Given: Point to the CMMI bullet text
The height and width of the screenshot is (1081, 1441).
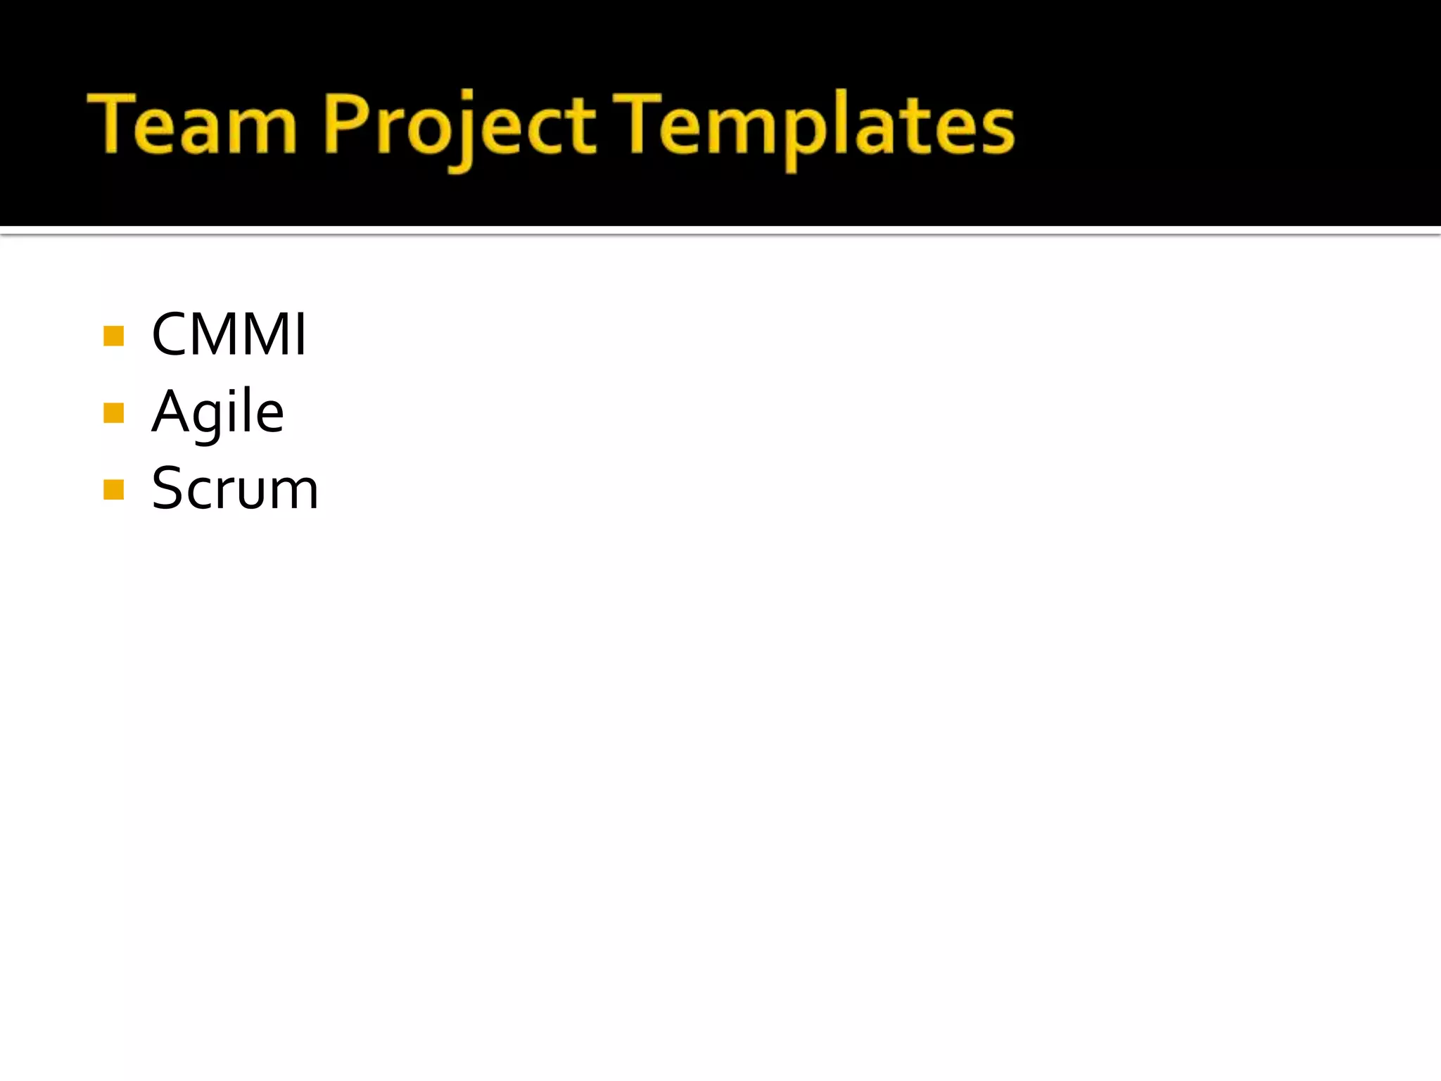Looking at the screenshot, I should pyautogui.click(x=229, y=334).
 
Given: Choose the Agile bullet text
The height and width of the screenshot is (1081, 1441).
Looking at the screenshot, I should pyautogui.click(x=217, y=413).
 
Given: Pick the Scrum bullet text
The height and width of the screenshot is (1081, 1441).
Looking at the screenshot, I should pyautogui.click(x=235, y=488).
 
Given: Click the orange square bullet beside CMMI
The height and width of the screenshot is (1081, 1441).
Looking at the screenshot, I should pyautogui.click(x=113, y=336).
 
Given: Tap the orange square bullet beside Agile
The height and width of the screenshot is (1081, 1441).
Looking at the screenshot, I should pyautogui.click(x=113, y=412).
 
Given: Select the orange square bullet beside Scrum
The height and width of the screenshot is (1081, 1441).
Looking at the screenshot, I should pyautogui.click(x=113, y=489).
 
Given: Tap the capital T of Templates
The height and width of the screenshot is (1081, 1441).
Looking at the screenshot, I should pyautogui.click(x=637, y=122).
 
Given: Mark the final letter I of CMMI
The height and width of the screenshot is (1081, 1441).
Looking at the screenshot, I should pyautogui.click(x=301, y=334).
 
